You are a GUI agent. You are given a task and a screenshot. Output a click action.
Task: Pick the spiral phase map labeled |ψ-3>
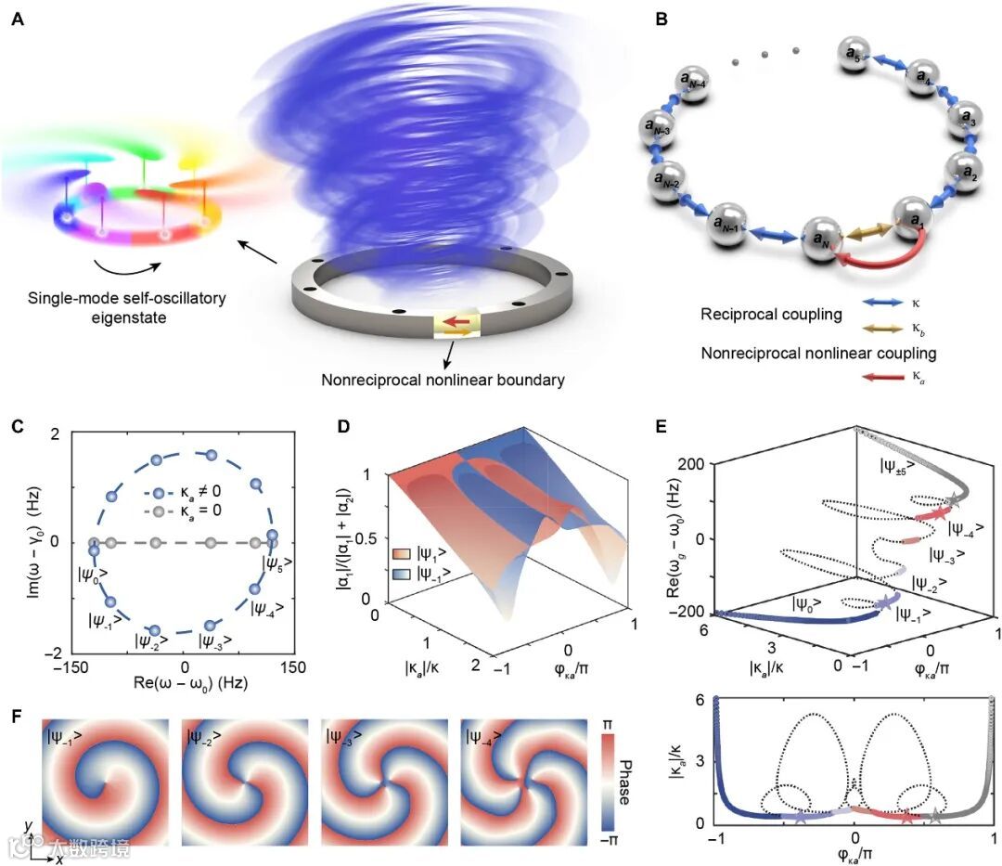tap(381, 779)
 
